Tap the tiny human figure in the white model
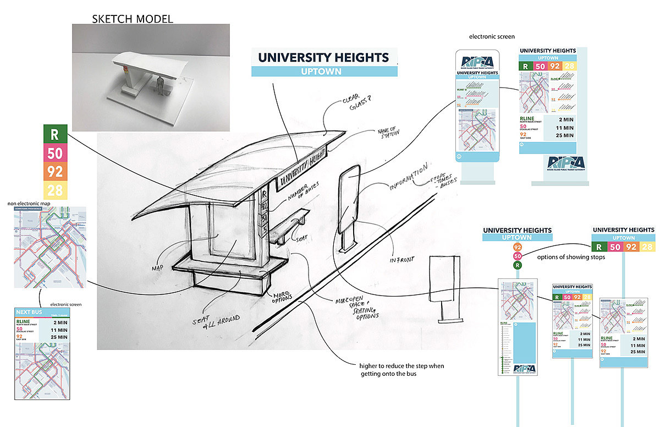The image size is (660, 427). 160,85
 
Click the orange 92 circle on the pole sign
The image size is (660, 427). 518,247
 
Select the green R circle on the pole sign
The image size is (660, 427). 518,266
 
